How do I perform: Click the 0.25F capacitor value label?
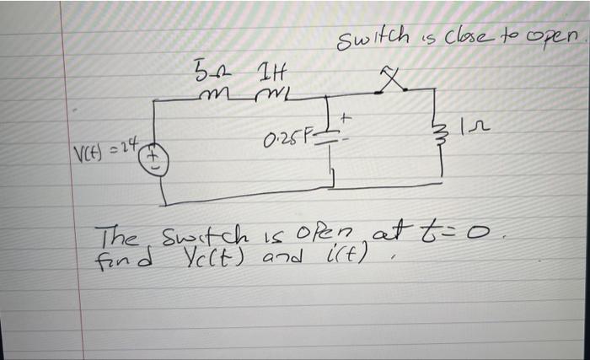click(x=295, y=137)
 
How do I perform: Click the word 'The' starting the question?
click(x=115, y=233)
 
